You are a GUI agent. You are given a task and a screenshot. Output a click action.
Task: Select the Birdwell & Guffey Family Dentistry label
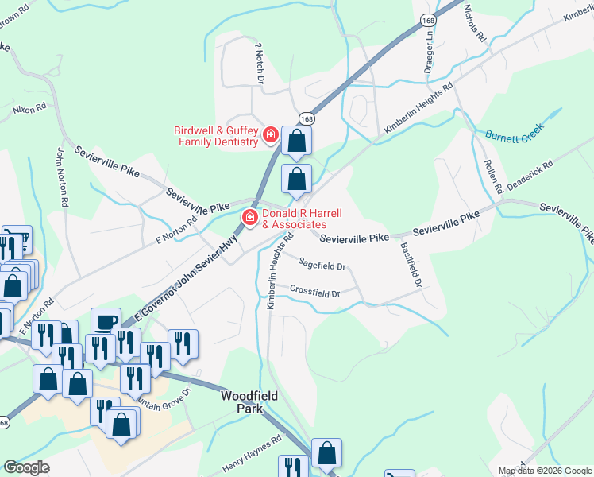[217, 136]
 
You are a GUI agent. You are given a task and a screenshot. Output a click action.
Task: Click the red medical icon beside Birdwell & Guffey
[271, 136]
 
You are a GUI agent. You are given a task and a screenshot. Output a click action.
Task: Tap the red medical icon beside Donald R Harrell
[249, 218]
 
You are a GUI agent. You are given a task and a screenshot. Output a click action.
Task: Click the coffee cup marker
[106, 322]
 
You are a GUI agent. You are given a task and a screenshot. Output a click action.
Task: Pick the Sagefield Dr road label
[322, 265]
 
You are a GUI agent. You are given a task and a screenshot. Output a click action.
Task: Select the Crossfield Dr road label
[314, 291]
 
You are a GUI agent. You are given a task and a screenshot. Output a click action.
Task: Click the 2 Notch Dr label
[259, 64]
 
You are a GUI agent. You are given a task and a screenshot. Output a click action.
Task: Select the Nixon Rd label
[30, 107]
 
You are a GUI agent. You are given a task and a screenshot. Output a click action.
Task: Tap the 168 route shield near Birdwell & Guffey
[307, 118]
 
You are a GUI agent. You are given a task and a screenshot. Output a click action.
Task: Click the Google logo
[26, 467]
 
